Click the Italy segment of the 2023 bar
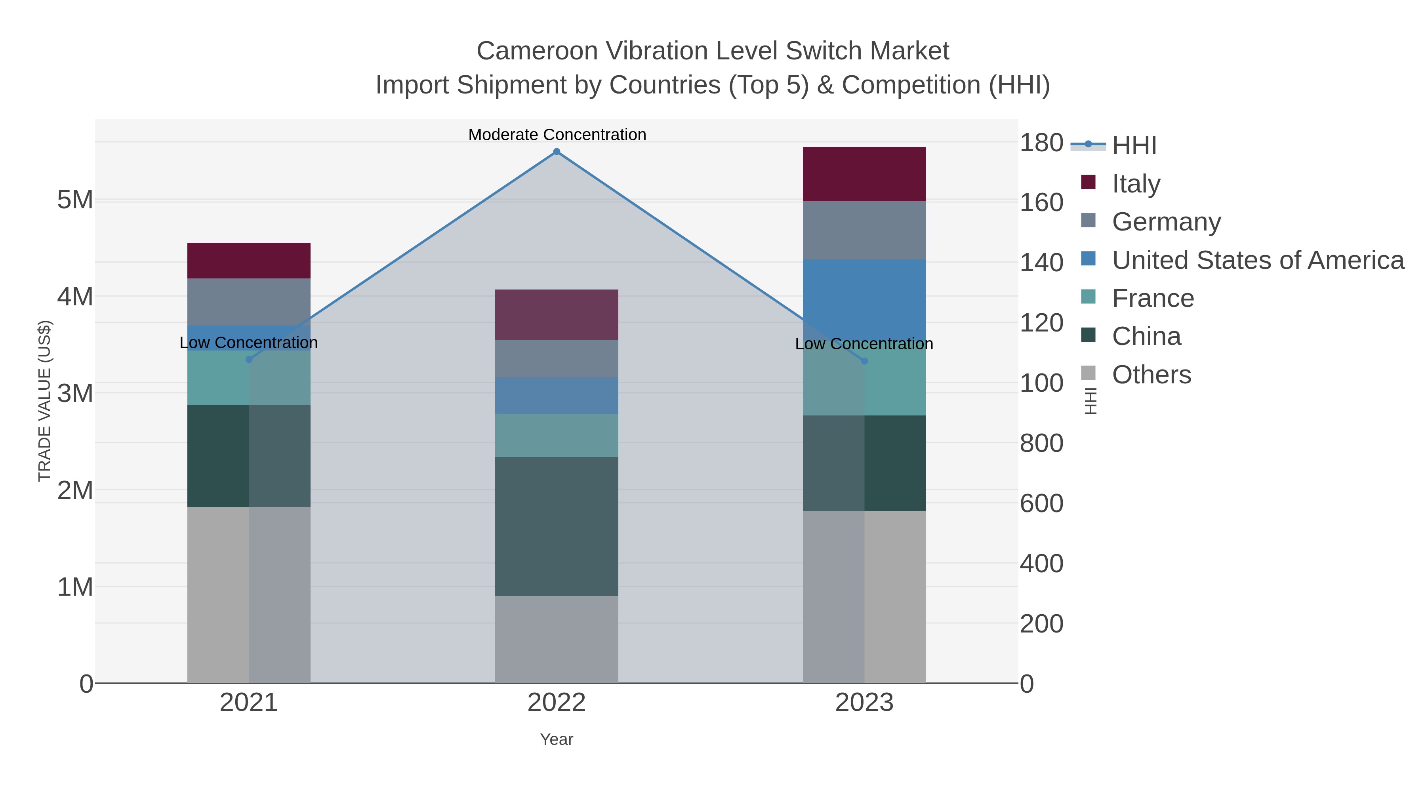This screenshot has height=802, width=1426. point(864,174)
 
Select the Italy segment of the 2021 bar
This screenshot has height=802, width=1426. point(248,260)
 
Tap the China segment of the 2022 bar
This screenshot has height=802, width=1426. point(557,526)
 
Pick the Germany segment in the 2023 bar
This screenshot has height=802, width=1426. point(864,230)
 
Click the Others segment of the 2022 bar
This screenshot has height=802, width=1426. point(557,639)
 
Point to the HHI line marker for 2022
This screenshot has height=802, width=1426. point(557,152)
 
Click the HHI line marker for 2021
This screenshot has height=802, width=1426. point(248,360)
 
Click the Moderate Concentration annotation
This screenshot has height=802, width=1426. point(557,135)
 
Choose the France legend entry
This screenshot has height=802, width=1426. point(1153,298)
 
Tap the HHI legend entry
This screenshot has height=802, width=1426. point(1134,145)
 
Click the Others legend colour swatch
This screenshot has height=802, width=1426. point(1088,373)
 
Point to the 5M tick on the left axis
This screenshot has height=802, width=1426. point(75,200)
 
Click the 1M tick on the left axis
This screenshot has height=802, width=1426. point(75,587)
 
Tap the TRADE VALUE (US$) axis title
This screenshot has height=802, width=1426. point(44,401)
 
